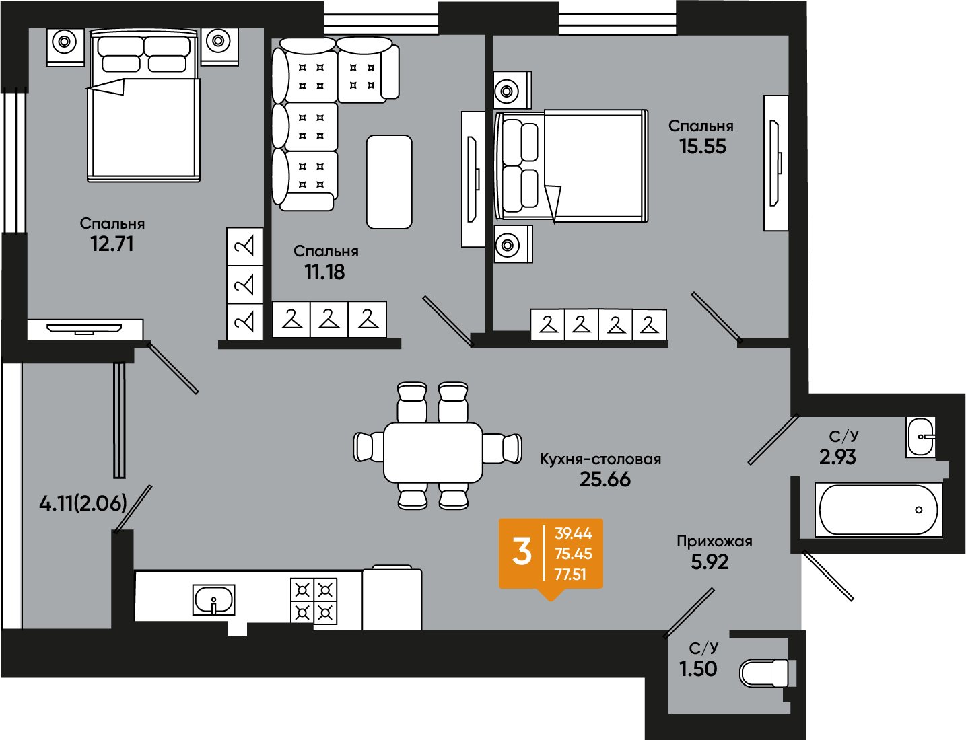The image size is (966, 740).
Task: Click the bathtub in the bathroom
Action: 878,510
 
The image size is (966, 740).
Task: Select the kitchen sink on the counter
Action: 213,599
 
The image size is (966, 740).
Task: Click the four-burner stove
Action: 314,601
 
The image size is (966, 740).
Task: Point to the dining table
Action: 433,453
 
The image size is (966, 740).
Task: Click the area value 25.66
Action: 605,480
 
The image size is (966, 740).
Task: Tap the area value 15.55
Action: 703,146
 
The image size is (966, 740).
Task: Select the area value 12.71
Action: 112,244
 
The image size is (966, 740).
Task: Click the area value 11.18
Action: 324,272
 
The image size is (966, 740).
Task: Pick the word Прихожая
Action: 714,541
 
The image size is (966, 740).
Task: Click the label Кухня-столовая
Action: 600,459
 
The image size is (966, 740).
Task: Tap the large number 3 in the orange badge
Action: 522,552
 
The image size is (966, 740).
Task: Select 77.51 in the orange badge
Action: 571,575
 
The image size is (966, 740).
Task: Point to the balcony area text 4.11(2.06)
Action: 83,504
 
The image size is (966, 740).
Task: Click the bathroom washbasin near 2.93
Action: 920,437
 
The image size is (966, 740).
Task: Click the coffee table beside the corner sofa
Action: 389,182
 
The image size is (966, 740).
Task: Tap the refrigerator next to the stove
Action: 392,598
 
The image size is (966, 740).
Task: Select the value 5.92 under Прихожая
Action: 710,562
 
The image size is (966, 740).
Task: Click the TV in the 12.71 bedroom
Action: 84,329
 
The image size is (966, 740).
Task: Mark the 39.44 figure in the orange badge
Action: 574,533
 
